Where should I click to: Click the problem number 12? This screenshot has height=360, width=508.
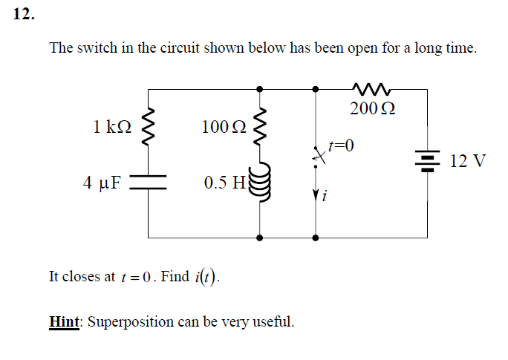24,16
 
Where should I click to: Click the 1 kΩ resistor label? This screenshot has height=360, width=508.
113,127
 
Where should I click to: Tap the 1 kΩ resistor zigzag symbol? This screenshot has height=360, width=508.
147,124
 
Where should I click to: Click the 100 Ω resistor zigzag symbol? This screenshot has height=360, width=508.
259,125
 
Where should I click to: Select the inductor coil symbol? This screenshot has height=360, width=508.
258,182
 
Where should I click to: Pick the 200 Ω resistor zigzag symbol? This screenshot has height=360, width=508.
371,89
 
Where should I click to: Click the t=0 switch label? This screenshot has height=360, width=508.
341,144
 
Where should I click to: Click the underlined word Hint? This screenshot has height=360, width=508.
65,322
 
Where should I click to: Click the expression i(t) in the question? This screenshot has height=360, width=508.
206,278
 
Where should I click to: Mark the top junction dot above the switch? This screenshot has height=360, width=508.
316,89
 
